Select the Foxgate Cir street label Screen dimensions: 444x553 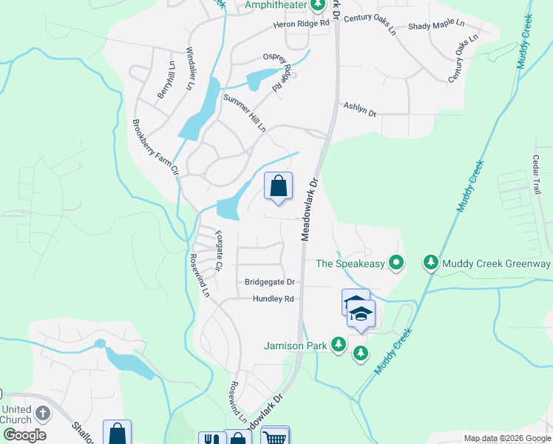coord(219,251)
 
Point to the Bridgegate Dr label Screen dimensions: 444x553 coord(270,282)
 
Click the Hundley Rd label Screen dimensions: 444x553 coord(274,299)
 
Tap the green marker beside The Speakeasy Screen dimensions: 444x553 coord(396,263)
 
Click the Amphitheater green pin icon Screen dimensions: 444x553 coord(318,6)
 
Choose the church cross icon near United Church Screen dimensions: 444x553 coord(43,413)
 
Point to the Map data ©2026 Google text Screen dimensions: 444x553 coord(506,438)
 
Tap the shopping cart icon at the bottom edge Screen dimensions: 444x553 coord(275,437)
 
